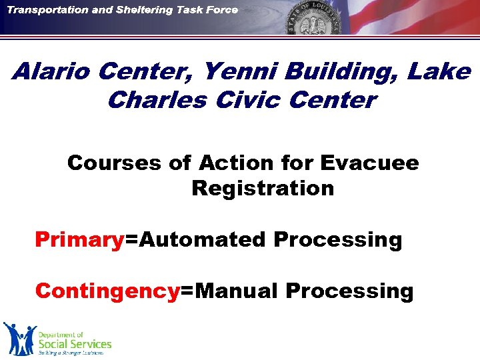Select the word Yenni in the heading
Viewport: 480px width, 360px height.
[227, 71]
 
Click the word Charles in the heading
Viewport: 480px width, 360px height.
[152, 100]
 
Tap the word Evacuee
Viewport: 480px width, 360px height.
[369, 163]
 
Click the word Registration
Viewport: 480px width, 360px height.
[263, 188]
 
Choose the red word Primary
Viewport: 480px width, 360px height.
[79, 239]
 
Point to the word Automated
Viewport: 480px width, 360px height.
[201, 239]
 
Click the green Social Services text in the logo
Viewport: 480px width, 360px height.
[75, 344]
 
